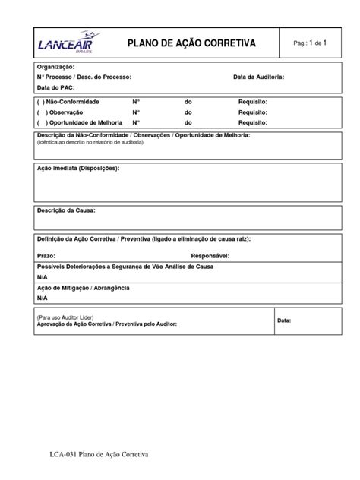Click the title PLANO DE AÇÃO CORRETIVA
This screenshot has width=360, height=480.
coord(195,43)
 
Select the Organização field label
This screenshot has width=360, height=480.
coord(55,68)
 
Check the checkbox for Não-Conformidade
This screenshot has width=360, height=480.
coord(40,101)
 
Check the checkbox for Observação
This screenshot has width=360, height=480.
coord(40,112)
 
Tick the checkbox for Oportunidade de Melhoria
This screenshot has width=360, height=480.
coord(40,122)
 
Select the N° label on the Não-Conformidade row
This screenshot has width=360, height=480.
coord(136,101)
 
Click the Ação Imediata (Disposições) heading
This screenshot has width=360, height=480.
coord(78,169)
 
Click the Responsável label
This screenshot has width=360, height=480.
coord(215,257)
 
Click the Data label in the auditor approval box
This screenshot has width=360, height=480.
coord(284,321)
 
